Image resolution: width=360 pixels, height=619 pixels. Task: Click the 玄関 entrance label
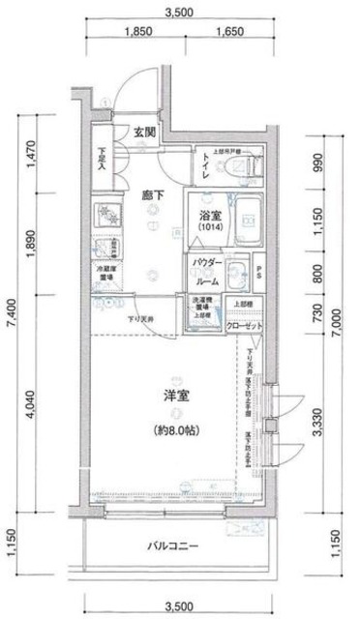[145, 132]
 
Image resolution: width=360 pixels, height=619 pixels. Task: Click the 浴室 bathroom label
[212, 218]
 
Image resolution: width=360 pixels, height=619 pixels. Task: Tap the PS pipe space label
[262, 274]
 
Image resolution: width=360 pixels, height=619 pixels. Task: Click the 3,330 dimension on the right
[317, 421]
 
